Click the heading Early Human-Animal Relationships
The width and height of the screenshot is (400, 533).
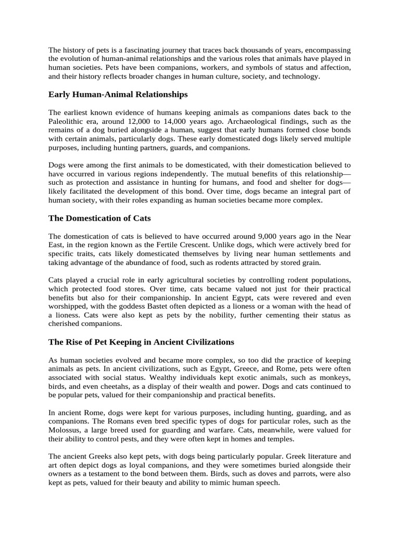coord(118,94)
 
